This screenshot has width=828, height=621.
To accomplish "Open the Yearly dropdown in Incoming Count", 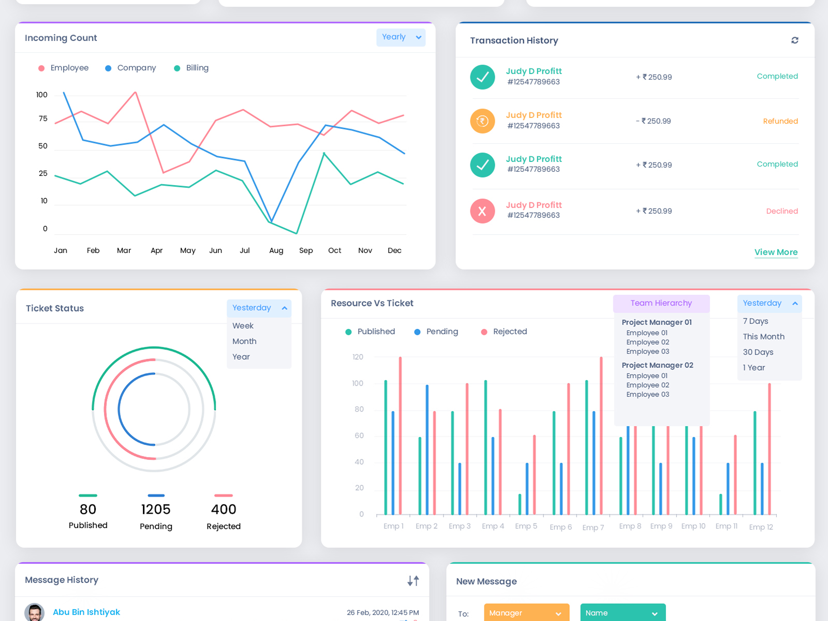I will point(401,37).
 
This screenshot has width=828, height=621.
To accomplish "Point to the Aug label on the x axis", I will point(276,250).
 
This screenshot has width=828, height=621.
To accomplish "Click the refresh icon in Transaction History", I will point(794,40).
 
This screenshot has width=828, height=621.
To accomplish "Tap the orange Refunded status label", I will point(780,121).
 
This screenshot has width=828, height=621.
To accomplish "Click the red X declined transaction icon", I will point(482,211).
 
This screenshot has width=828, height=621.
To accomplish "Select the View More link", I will point(775,252).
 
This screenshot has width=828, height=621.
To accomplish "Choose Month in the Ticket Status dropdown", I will point(244,341).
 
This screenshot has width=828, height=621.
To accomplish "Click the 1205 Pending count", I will point(156,509).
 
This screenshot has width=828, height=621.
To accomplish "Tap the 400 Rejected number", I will point(224,509).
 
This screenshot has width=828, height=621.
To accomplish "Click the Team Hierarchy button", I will point(661,303).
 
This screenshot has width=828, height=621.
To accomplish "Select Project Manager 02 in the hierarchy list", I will point(657,365).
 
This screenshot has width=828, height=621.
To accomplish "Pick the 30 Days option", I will point(758,352).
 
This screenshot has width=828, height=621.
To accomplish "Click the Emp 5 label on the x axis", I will point(526,526).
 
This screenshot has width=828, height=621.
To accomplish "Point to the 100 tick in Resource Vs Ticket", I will point(358,383).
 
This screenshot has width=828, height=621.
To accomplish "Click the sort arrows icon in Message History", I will point(413,581).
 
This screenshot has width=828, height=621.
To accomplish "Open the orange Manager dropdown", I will point(526,613).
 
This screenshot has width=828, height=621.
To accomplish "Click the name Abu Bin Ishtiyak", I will point(86,612).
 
